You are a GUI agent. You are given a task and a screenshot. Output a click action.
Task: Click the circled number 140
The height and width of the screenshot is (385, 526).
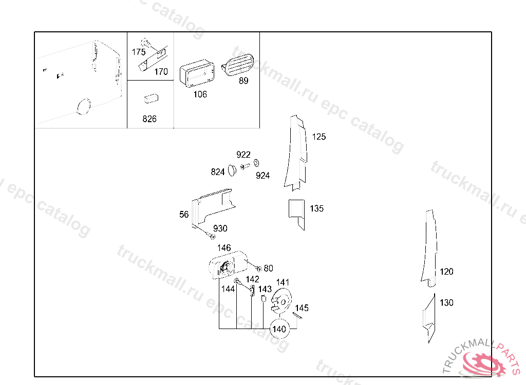pos(279,329)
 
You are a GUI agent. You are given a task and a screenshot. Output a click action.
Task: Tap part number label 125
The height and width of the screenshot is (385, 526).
pos(319,137)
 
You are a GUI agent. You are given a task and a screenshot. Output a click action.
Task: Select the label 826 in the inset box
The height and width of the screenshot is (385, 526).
pos(149,119)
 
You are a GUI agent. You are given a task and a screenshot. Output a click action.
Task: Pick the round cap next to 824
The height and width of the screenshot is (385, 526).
pos(232,169)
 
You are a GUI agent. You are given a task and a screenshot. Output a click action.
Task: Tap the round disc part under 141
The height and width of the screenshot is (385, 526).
pos(280,300)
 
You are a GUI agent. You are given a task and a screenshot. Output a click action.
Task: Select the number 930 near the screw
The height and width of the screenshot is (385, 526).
pos(220,228)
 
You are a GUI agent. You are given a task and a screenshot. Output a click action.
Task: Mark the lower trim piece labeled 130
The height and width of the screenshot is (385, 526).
pos(429,318)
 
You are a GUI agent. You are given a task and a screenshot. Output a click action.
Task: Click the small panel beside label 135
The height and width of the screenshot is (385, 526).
pos(296,211)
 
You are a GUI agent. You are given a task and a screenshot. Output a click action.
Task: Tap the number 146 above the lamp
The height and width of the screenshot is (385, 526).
pos(224,248)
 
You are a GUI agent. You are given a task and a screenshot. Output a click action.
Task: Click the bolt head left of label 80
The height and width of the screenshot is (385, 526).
pos(259,268)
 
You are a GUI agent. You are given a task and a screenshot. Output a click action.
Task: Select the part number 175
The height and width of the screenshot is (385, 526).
pos(139,52)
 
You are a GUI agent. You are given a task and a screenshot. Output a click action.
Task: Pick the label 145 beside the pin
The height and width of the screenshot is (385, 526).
pos(302,308)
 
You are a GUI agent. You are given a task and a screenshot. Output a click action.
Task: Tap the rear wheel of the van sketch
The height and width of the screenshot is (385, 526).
pos(82,106)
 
